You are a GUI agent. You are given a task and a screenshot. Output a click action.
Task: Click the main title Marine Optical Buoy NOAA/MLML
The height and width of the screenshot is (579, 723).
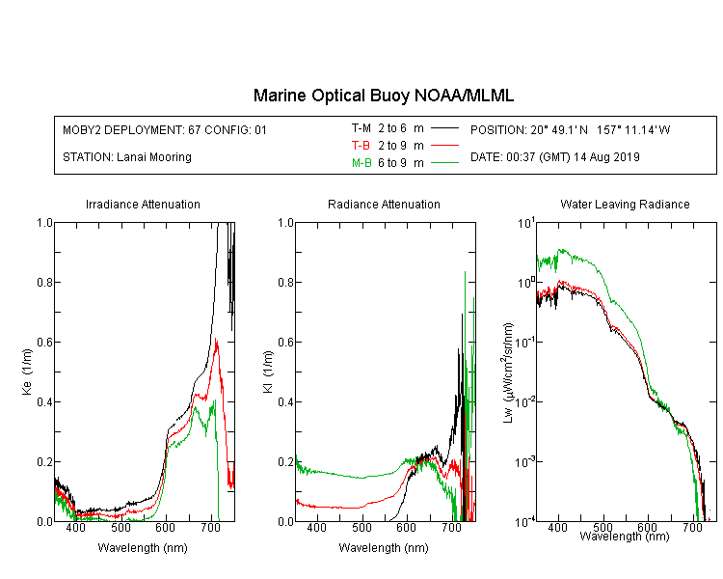click(x=383, y=96)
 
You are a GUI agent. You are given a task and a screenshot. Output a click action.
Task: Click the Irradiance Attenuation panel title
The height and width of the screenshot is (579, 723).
click(x=143, y=205)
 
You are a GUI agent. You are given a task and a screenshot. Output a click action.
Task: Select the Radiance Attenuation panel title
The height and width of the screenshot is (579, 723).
click(x=384, y=205)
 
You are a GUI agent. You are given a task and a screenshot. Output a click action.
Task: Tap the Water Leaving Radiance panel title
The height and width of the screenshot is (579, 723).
click(x=625, y=205)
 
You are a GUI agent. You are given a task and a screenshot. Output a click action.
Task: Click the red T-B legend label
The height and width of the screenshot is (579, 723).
click(x=361, y=146)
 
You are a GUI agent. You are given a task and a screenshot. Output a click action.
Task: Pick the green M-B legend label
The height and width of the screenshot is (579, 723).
click(x=361, y=163)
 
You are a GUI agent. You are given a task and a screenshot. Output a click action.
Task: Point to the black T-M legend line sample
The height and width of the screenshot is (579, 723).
click(x=445, y=128)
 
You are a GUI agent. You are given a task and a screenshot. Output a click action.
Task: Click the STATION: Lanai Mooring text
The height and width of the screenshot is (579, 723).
click(x=127, y=157)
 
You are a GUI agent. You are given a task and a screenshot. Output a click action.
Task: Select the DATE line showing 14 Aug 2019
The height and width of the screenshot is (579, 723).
click(x=555, y=157)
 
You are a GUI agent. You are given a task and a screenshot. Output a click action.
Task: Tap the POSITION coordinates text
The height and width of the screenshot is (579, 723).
click(x=571, y=129)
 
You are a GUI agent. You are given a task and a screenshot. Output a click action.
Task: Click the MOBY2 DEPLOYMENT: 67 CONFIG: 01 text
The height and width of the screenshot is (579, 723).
click(x=165, y=129)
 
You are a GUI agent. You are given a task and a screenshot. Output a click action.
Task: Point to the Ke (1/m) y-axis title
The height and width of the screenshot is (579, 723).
click(x=27, y=372)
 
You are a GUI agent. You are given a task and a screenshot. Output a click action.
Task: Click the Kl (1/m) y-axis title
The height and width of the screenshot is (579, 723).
click(x=268, y=372)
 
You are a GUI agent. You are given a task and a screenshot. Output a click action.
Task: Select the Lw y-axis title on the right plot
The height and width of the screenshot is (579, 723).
click(x=508, y=372)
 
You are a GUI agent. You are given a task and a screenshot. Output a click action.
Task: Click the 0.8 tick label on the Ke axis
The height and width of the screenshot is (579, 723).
click(x=44, y=282)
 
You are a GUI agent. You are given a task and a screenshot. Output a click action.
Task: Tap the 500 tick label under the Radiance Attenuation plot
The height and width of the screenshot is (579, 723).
click(x=361, y=527)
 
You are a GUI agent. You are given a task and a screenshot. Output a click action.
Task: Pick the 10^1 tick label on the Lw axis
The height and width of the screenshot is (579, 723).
click(x=526, y=224)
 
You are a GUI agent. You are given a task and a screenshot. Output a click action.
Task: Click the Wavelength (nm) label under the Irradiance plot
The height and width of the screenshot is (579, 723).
click(x=143, y=548)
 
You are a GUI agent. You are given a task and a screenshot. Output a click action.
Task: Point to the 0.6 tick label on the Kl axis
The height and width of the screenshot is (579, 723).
click(x=286, y=343)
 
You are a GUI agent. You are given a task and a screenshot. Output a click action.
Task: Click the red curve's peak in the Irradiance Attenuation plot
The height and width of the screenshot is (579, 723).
click(x=216, y=340)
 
